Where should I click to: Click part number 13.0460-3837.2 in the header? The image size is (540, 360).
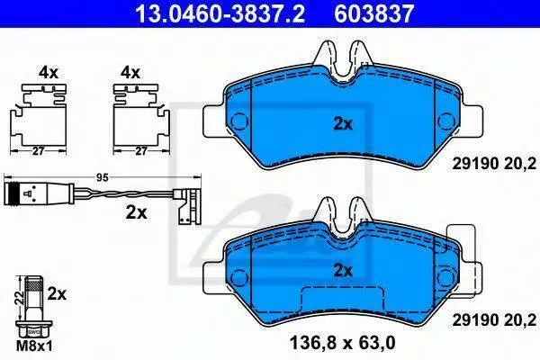[x=220, y=13]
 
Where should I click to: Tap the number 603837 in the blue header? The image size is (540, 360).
[x=374, y=13]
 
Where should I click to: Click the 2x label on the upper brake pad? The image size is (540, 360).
[x=343, y=124]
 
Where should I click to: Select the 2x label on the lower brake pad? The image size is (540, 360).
[x=343, y=271]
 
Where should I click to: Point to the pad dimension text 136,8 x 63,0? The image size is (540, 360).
[x=343, y=343]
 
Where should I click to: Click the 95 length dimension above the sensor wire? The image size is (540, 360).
[x=103, y=178]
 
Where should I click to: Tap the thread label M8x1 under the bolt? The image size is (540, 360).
[x=35, y=346]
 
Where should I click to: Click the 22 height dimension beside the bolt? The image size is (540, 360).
[x=21, y=297]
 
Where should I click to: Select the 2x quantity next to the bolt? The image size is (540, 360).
[x=58, y=294]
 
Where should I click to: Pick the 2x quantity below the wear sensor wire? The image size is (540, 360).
[x=137, y=213]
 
